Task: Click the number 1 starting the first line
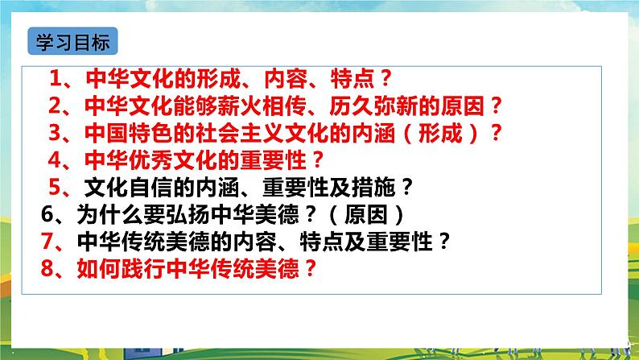tap(56, 79)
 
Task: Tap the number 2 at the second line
tap(56, 106)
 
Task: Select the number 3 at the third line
tap(56, 132)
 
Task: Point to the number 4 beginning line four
tap(55, 159)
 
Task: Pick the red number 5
tap(56, 188)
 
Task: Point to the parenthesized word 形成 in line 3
tap(444, 132)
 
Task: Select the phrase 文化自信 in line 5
tap(123, 188)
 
